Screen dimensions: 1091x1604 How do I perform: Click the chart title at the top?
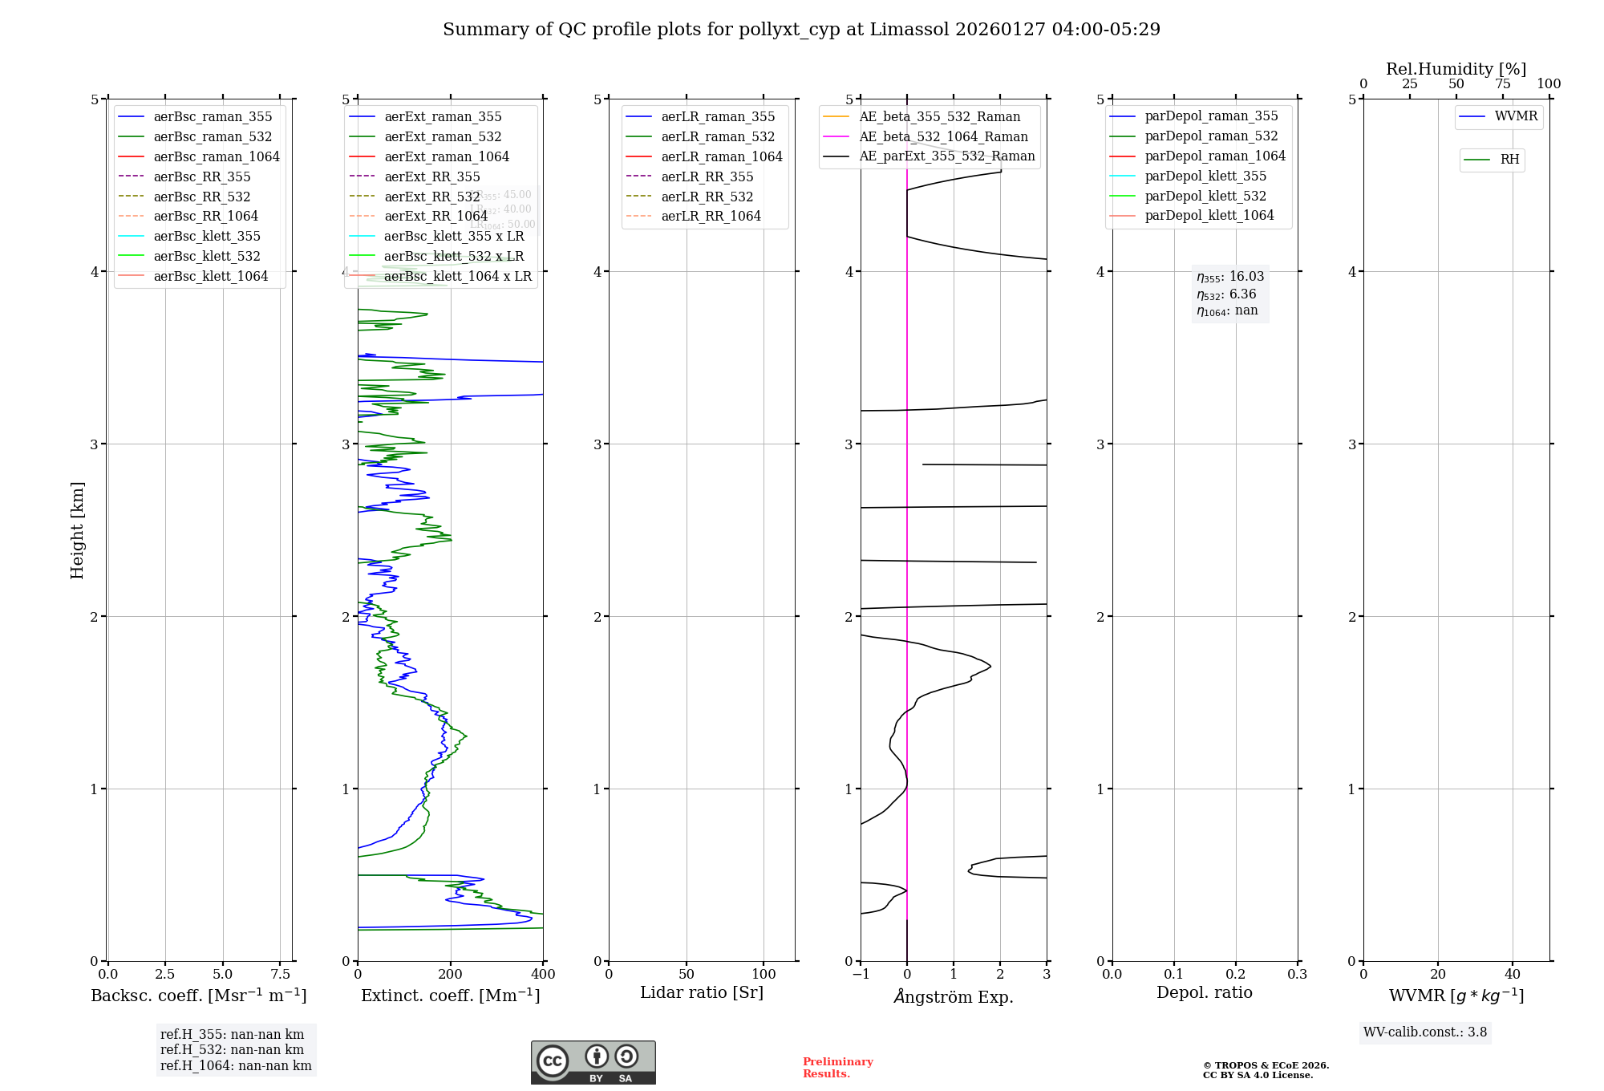pyautogui.click(x=801, y=30)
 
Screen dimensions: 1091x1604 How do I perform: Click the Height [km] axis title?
pyautogui.click(x=77, y=530)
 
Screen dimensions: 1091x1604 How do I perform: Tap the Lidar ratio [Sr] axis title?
pyautogui.click(x=702, y=992)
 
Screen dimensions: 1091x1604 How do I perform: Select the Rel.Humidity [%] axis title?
pyautogui.click(x=1456, y=69)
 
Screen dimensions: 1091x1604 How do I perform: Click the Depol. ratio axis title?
pyautogui.click(x=1204, y=992)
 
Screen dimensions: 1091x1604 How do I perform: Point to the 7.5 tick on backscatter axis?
pyautogui.click(x=280, y=974)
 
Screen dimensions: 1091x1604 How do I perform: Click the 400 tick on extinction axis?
pyautogui.click(x=543, y=974)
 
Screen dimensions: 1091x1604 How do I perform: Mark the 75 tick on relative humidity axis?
pyautogui.click(x=1502, y=84)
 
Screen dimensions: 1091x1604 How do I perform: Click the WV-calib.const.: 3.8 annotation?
pyautogui.click(x=1424, y=1032)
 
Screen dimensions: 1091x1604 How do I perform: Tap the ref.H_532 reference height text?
pyautogui.click(x=232, y=1049)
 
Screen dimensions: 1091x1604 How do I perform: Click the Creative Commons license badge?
pyautogui.click(x=593, y=1062)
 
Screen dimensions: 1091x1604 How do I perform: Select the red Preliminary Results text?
pyautogui.click(x=837, y=1067)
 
